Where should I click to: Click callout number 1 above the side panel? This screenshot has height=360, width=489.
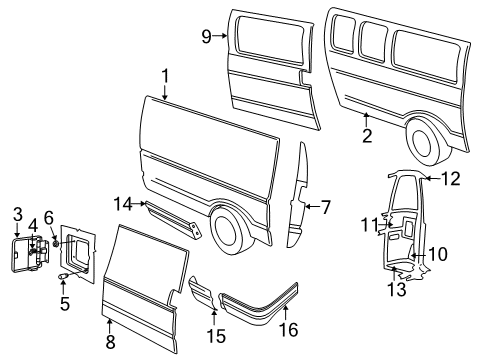click(166, 75)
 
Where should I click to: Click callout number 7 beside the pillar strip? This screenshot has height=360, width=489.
click(325, 207)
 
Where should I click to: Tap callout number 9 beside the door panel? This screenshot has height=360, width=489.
click(207, 36)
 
